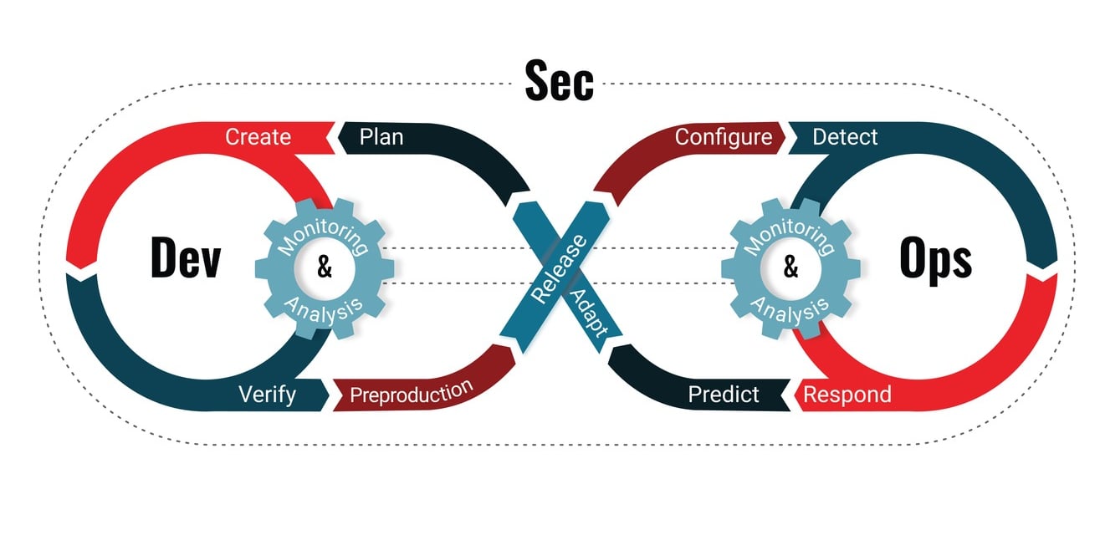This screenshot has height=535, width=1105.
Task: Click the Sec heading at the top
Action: (x=559, y=81)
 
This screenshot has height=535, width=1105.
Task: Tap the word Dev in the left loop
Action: (x=185, y=257)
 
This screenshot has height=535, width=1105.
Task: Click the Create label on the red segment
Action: (x=258, y=136)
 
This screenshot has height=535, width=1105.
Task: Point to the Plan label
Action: (x=381, y=136)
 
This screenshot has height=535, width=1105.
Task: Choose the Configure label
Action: (x=724, y=136)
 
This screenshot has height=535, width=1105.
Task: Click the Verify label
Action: (x=267, y=393)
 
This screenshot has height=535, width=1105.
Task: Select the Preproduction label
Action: (x=411, y=392)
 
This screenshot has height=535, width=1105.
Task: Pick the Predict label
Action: (x=723, y=394)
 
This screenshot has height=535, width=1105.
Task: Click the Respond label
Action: (x=847, y=394)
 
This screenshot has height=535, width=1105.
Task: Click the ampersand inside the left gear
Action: (x=325, y=269)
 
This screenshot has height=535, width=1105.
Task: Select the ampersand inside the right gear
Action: (x=790, y=269)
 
